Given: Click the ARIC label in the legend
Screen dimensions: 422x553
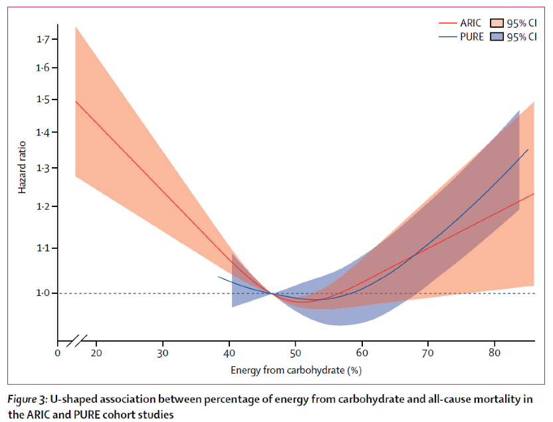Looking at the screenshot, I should click(471, 23).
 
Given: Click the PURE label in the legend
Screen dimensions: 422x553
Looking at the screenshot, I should click(471, 37).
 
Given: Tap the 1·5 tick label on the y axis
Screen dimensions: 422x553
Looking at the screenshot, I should click(43, 100).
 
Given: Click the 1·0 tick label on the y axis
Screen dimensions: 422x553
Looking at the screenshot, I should click(43, 293).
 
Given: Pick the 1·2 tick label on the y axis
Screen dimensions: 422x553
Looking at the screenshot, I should click(43, 207).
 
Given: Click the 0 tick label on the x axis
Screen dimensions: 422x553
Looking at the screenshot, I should click(58, 353).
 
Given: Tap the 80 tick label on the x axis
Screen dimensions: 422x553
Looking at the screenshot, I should click(494, 353).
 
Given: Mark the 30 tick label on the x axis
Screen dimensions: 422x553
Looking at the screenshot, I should click(163, 353).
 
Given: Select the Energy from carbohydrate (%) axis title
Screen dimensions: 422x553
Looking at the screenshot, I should click(296, 370).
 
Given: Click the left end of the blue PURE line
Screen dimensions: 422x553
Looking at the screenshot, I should click(219, 277).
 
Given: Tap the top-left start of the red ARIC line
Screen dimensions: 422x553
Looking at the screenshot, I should click(76, 102).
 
